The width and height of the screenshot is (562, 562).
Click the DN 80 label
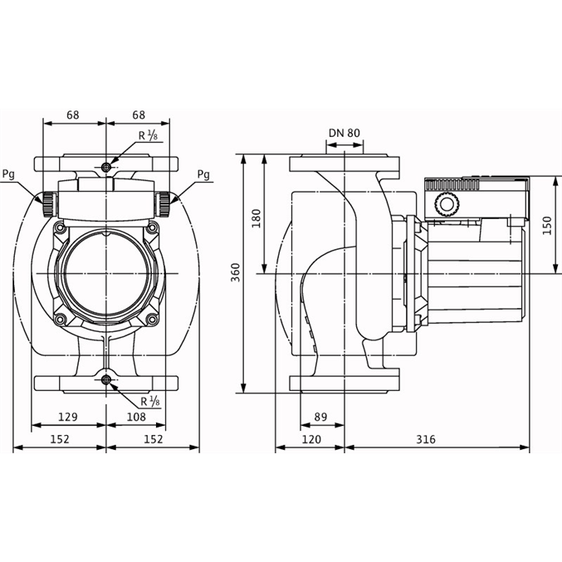click(x=344, y=133)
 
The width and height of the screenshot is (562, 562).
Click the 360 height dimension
click(x=235, y=272)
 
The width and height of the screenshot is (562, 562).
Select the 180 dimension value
click(x=257, y=218)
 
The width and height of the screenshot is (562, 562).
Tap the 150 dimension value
click(x=547, y=225)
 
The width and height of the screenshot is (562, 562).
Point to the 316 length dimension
click(x=426, y=439)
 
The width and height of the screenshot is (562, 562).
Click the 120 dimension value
click(x=311, y=439)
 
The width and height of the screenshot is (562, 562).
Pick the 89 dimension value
click(x=320, y=417)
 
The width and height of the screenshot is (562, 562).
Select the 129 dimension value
click(x=68, y=417)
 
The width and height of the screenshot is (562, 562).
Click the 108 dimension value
click(x=137, y=417)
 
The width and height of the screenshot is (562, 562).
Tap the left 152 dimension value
click(x=60, y=439)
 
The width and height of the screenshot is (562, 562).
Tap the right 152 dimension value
click(x=154, y=439)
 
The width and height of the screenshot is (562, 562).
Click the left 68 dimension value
click(x=73, y=115)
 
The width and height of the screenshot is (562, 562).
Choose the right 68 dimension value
click(x=139, y=115)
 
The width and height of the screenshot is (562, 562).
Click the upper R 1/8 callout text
click(x=148, y=135)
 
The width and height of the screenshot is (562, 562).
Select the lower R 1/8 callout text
click(x=149, y=402)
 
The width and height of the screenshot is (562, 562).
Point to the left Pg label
click(x=8, y=174)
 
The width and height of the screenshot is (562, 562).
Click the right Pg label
click(x=203, y=174)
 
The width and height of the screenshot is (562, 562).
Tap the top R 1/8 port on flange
click(x=106, y=167)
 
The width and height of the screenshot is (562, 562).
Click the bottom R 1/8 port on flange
click(x=106, y=379)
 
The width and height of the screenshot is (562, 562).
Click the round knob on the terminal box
click(x=447, y=204)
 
